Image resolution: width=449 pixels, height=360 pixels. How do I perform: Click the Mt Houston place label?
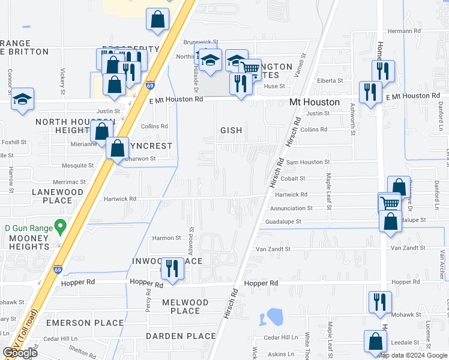(x=315, y=103)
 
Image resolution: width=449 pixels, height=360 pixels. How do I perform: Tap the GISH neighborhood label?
(x=231, y=130)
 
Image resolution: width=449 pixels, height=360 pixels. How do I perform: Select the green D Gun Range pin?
(x=59, y=227)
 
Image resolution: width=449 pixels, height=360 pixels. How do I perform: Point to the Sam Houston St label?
(x=307, y=162)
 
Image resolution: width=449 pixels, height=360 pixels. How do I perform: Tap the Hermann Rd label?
(x=404, y=31)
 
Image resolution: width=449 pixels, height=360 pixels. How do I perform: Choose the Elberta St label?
(x=330, y=80)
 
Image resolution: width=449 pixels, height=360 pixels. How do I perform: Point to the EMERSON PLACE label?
(x=76, y=323)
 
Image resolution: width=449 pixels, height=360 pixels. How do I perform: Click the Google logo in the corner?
(x=20, y=353)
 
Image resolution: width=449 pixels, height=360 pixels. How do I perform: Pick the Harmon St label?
(x=166, y=238)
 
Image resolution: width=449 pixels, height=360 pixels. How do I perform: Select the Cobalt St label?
(x=291, y=178)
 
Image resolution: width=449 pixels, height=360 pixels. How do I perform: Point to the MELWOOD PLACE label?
(x=185, y=307)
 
